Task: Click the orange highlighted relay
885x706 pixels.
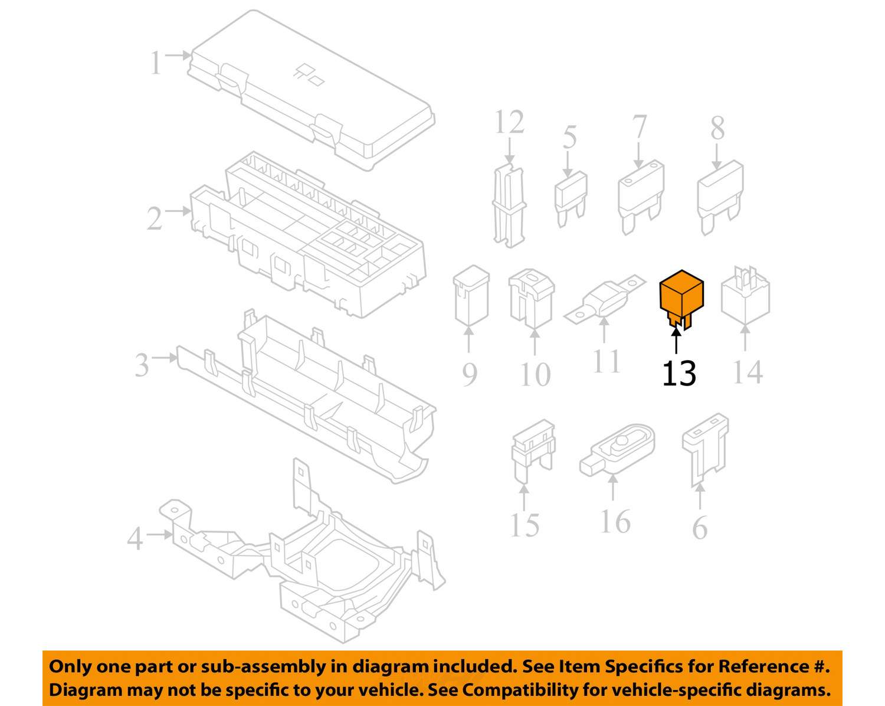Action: [681, 295]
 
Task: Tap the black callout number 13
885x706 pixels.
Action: [679, 374]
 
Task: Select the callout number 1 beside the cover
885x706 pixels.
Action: [155, 63]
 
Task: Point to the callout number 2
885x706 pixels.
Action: [155, 218]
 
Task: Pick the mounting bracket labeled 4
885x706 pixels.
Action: [307, 561]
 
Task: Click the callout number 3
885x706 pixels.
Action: [142, 365]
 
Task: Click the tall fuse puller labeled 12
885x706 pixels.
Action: [509, 204]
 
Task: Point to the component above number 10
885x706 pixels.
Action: [530, 298]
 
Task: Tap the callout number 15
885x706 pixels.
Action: [525, 525]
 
